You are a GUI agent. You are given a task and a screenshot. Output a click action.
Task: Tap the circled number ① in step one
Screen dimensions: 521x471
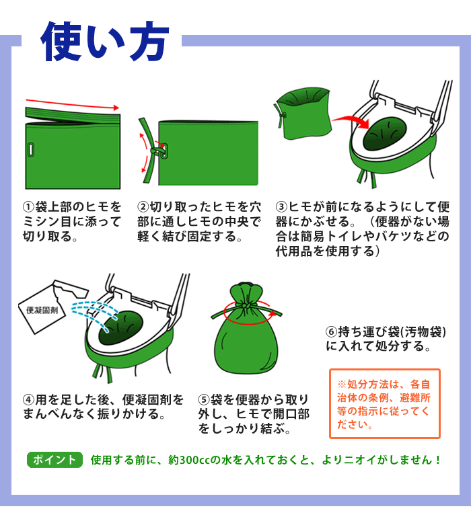[29, 206]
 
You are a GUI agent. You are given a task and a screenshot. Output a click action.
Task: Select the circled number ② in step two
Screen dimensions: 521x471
[143, 206]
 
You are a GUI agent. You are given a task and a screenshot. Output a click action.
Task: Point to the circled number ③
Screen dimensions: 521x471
[282, 206]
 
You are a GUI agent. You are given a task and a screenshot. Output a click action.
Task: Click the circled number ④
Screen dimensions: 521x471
[29, 399]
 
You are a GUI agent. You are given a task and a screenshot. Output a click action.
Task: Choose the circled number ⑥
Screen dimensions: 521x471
[331, 332]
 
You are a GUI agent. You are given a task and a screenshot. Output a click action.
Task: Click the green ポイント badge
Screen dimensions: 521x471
[54, 460]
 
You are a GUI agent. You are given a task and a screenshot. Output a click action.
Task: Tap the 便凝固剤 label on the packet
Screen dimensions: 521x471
[42, 310]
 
